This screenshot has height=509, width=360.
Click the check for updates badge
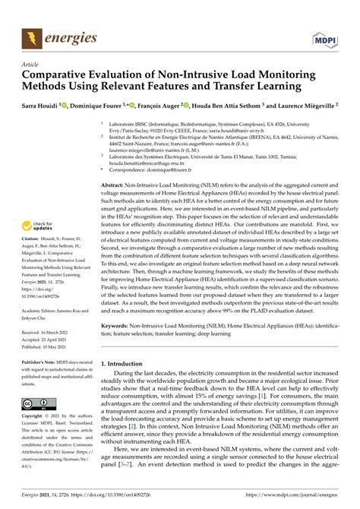point(39,204)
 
